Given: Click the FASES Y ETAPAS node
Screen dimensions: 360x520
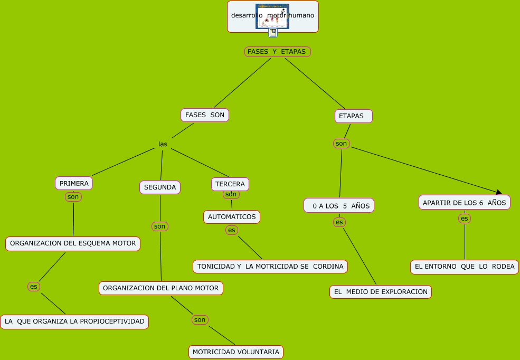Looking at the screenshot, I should pos(278,51).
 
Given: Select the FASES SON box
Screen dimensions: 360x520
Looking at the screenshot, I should pos(205,115).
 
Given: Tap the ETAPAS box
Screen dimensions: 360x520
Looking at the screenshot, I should pos(353,116).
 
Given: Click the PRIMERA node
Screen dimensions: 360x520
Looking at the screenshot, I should pos(74,183).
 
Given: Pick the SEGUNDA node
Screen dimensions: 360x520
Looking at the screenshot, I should pos(160,187).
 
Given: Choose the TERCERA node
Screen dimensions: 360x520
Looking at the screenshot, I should pos(230,184).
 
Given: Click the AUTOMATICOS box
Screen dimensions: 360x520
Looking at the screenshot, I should pos(232,216).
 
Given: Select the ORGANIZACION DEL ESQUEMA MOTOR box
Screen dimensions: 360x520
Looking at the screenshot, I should pos(73,243).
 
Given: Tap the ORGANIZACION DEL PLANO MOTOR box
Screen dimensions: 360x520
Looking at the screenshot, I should pos(161,288).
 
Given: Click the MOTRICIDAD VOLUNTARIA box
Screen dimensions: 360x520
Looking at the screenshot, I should pos(236,352).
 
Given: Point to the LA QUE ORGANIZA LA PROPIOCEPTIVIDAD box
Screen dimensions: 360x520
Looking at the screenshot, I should pos(74,321).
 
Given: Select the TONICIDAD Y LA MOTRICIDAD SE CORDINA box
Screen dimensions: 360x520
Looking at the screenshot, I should pos(270,267).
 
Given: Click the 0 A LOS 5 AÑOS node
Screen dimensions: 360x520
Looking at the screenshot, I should pos(339,205).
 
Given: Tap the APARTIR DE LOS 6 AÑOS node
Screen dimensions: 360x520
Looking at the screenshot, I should pos(465,202).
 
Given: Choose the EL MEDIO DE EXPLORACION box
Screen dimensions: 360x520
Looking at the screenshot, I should pos(381,292).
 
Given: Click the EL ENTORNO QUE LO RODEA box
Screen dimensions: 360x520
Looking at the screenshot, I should pos(465,267).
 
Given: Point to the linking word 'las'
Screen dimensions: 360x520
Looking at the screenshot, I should pos(163,144).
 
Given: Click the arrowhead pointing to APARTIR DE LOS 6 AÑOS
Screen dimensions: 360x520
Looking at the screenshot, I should pos(498,192).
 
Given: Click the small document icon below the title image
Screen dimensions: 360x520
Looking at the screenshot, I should pos(273,33).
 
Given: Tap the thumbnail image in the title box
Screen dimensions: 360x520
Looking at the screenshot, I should pos(272,16).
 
